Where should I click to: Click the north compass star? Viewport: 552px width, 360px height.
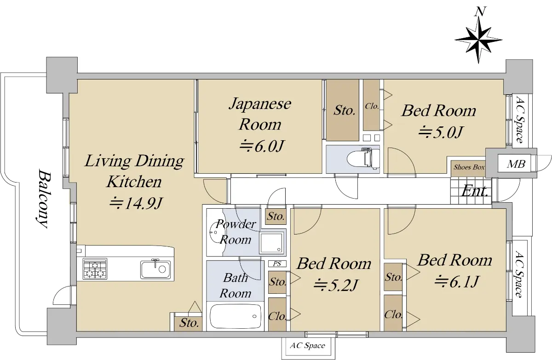[478, 40]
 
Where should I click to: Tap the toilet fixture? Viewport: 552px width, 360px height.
[363, 158]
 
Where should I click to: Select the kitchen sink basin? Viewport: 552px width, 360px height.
[155, 269]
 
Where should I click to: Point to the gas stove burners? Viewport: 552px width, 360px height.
[95, 269]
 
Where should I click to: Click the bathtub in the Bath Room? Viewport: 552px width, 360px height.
[235, 316]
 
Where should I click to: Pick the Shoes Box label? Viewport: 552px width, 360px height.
[469, 167]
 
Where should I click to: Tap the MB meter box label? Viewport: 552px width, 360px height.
[516, 164]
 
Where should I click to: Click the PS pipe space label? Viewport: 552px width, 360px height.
[277, 264]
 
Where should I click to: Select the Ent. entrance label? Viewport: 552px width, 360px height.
[474, 191]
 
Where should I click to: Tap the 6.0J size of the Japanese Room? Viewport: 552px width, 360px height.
[262, 146]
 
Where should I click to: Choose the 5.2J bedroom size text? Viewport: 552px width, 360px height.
[336, 285]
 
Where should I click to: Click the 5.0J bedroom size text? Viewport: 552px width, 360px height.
[441, 132]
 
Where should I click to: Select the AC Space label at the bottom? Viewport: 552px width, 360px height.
[308, 345]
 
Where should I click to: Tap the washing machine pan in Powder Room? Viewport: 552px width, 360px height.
[271, 243]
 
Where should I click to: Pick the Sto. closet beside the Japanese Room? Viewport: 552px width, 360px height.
[343, 110]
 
